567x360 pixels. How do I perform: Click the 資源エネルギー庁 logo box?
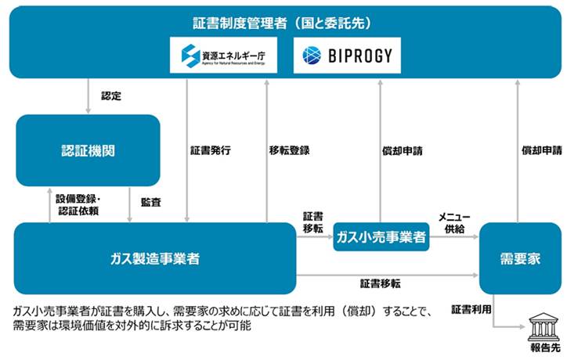click(223, 55)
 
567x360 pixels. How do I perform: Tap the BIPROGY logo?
click(347, 56)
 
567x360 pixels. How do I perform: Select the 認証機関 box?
click(88, 150)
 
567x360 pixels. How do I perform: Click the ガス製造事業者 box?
click(155, 258)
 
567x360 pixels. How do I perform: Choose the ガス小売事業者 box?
click(381, 237)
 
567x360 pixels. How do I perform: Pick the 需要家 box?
click(520, 258)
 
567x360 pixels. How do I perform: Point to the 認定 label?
click(111, 95)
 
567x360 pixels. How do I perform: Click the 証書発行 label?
click(211, 150)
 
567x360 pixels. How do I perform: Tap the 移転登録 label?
click(289, 150)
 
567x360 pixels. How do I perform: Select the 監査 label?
click(151, 202)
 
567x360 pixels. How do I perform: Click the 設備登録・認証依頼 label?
click(78, 204)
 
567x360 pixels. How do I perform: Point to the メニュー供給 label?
click(454, 222)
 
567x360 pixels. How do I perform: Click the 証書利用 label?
click(471, 309)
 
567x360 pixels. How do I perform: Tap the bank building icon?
click(544, 327)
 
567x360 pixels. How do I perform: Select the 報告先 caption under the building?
click(545, 347)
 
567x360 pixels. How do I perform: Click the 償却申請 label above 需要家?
click(542, 150)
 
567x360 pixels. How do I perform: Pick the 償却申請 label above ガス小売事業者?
click(402, 151)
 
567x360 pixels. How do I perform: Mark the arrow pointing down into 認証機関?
click(88, 95)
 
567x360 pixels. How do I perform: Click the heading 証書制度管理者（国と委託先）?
click(282, 23)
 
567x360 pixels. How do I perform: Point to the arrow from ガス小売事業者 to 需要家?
click(454, 237)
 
